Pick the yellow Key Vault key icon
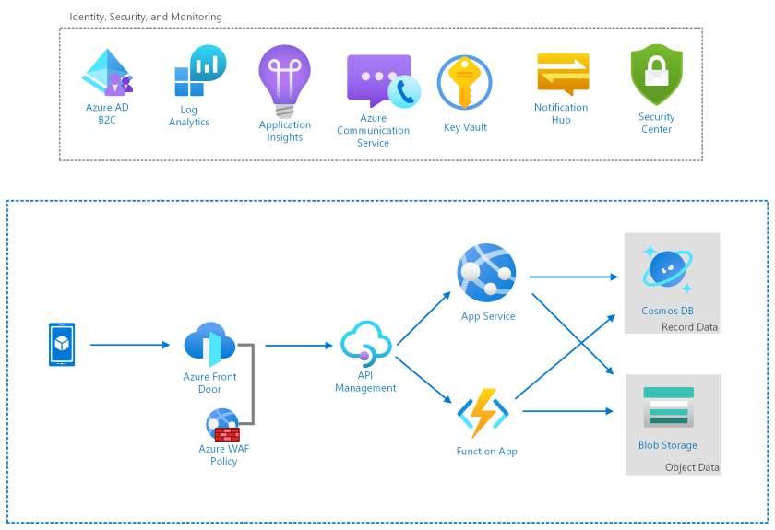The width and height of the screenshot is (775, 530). click(x=464, y=84)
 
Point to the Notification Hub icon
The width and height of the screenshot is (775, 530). click(x=562, y=73)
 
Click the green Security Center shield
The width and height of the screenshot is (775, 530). click(x=656, y=75)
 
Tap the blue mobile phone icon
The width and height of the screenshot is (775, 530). click(x=62, y=345)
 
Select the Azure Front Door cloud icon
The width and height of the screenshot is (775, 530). click(x=209, y=346)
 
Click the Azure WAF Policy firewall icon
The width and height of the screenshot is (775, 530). click(x=223, y=425)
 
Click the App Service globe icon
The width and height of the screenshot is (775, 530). click(x=486, y=273)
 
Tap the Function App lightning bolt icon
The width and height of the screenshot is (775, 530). click(x=483, y=413)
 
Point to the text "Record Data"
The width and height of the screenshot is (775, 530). click(x=689, y=327)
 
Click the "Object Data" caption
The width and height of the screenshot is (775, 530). click(x=692, y=467)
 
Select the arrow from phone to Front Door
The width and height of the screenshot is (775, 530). click(x=130, y=345)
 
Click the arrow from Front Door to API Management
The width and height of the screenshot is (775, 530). click(x=298, y=346)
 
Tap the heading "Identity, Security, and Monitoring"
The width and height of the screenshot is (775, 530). click(x=146, y=17)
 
